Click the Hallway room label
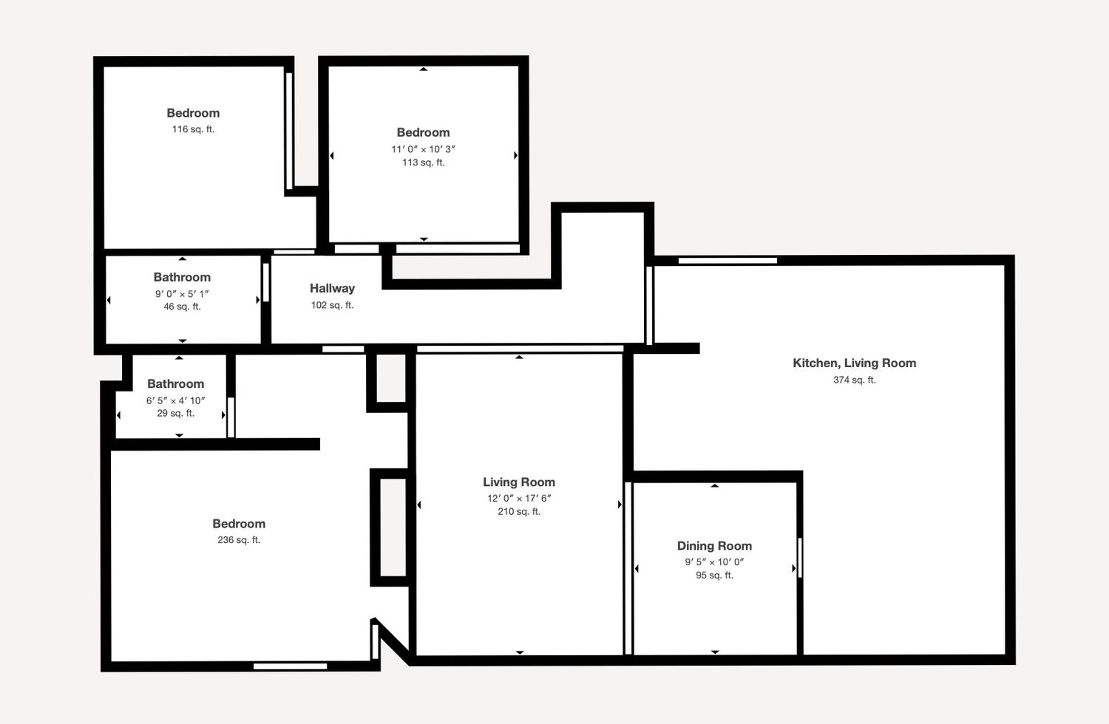pos(332,289)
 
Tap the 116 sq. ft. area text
pos(193,129)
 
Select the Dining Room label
pos(714,546)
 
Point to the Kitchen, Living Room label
pos(855,363)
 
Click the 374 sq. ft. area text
pos(855,380)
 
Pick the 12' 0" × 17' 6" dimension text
pos(519,499)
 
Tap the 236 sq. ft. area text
pos(239,540)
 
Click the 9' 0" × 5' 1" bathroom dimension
pos(182,293)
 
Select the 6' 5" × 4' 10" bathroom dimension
pos(176,400)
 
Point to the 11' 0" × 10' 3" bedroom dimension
pos(424,149)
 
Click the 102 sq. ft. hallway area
pos(332,305)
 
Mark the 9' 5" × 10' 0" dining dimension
pos(714,562)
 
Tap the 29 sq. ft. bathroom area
pos(176,413)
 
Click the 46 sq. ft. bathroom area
pos(182,307)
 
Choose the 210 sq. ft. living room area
pos(519,512)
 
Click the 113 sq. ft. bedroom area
pos(424,163)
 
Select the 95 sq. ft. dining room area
pos(714,576)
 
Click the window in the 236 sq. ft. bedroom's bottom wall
pos(290,666)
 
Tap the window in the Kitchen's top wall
pos(728,261)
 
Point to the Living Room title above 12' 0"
pos(519,482)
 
